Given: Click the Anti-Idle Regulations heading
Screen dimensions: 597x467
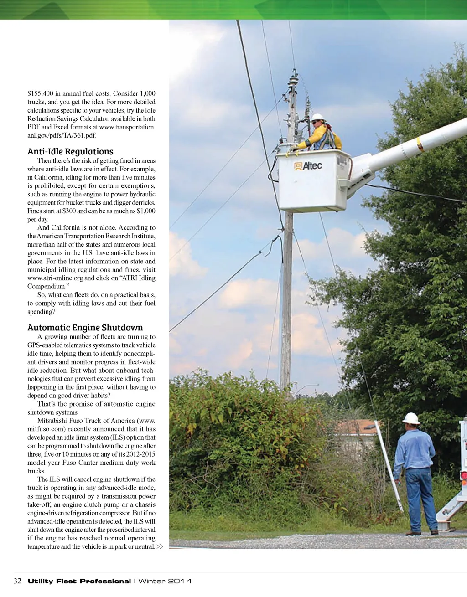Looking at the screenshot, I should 70,152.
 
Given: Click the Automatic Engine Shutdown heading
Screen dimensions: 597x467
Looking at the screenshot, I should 85,328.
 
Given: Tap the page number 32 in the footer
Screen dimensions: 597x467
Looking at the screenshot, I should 18,581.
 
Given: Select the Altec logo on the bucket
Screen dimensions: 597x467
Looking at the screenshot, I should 308,166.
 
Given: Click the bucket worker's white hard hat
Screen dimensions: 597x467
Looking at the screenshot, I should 317,117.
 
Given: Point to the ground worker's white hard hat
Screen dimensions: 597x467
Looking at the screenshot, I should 411,418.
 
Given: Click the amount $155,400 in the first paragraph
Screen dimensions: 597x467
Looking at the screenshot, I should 40,93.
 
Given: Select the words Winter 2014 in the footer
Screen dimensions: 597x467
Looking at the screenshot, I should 165,581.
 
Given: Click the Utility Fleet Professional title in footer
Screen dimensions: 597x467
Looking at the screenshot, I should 79,581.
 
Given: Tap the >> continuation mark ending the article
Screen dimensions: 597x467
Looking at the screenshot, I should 160,546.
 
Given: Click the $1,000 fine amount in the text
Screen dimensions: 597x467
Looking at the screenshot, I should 146,211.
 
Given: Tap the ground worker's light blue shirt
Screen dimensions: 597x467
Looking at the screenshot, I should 415,449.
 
